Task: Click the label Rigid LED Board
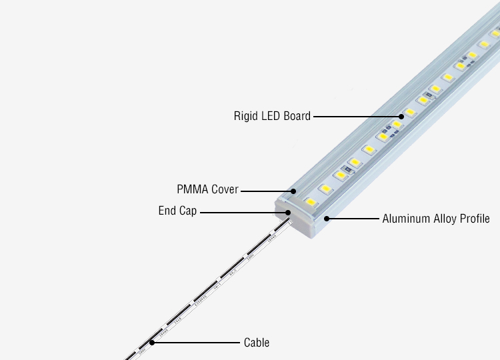click(272, 116)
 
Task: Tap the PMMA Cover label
click(207, 190)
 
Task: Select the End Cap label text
click(177, 211)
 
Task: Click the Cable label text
click(257, 343)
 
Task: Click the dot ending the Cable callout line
click(152, 343)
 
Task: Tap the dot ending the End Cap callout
click(288, 212)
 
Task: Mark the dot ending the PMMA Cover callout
click(293, 190)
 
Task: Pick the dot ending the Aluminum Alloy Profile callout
click(326, 218)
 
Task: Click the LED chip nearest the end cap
click(311, 200)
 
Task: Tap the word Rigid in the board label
click(245, 116)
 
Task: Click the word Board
click(297, 116)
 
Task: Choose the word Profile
click(475, 218)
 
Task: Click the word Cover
click(225, 190)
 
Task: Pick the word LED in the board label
click(270, 116)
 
